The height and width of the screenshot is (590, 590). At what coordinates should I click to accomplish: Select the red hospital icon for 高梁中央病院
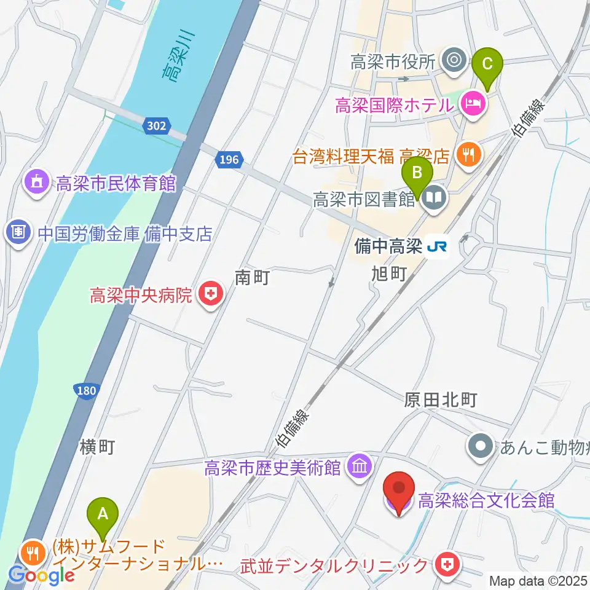210,296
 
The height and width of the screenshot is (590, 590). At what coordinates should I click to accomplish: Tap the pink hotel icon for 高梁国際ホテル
472,105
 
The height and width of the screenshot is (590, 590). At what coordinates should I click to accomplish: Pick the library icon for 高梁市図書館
435,199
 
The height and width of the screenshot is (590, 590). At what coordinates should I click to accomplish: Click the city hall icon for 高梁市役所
454,60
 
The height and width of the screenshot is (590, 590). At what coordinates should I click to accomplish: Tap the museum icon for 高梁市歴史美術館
359,468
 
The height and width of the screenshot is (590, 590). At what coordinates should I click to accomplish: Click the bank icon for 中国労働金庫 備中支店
18,232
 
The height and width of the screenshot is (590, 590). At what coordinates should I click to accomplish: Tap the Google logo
41,575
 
